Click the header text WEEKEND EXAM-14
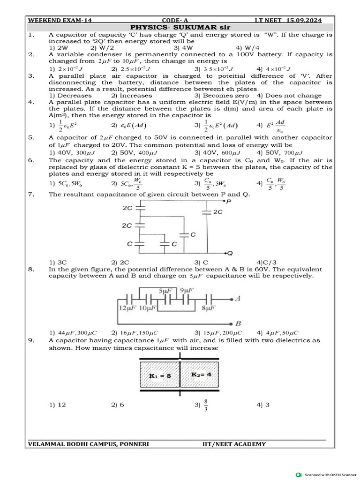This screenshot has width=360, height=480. tap(54, 20)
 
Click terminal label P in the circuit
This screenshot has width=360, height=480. tap(228, 202)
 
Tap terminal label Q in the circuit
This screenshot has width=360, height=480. tap(230, 253)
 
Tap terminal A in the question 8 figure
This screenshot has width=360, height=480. tap(238, 299)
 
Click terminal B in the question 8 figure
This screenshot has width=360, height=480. tap(238, 323)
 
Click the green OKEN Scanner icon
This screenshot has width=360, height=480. tap(299, 474)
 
